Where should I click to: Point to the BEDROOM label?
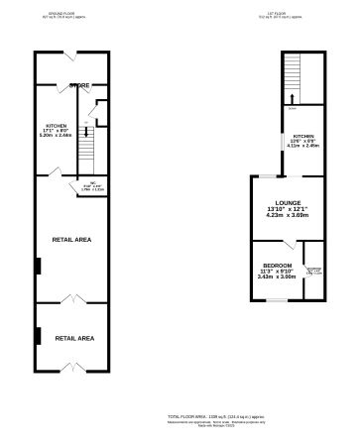point(277,265)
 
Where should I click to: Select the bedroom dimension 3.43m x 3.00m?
point(277,277)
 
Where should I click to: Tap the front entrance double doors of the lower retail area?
point(68,372)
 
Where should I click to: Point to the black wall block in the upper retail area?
point(38,265)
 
